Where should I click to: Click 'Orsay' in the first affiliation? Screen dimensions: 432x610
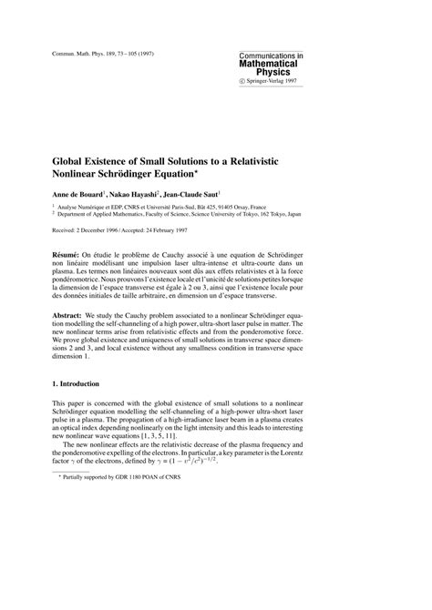(x=259, y=208)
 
